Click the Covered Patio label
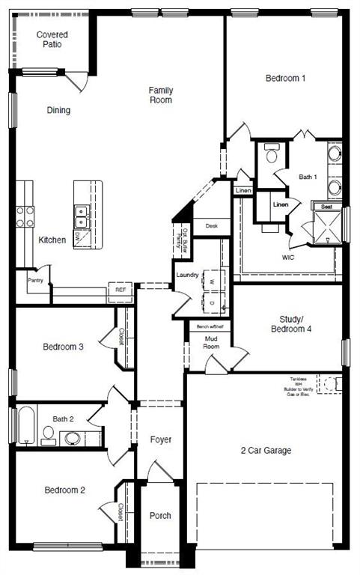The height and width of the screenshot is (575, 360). point(52,39)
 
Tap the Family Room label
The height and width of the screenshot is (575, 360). point(160,94)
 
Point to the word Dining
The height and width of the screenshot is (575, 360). point(58,110)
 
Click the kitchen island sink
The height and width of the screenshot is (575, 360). point(82,217)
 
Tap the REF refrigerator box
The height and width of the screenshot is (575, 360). point(120,289)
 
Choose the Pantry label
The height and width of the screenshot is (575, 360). point(35,281)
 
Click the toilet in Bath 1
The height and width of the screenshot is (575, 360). point(271,156)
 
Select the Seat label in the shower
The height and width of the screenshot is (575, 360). point(326,206)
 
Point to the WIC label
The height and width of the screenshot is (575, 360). point(287,258)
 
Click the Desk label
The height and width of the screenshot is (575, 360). point(211,225)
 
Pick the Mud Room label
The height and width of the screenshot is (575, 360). point(211,343)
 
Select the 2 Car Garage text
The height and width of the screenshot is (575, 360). point(266,451)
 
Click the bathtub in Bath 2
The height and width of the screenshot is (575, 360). point(24,426)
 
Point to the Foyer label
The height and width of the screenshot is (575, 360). point(161,439)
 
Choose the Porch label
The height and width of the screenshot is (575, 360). point(159,515)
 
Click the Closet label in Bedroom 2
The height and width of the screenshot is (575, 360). point(120,511)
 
